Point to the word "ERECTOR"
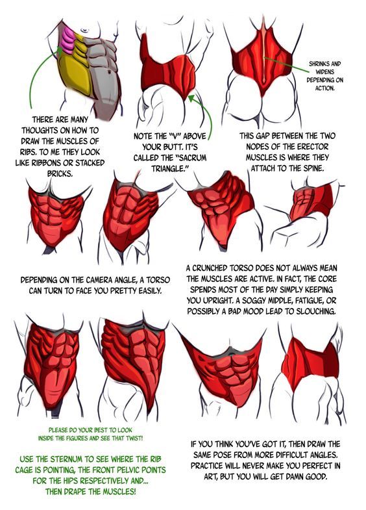click(311, 147)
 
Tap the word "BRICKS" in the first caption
click(60, 173)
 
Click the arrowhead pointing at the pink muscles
click(60, 50)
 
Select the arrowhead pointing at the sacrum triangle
click(191, 97)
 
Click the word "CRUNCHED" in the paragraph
click(210, 268)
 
